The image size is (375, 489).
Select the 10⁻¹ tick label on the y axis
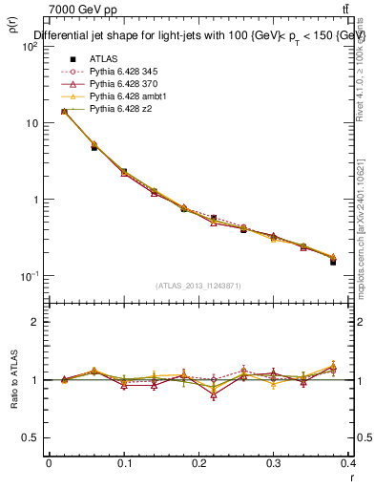pyautogui.click(x=31, y=276)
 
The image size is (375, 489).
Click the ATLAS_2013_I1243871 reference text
pyautogui.click(x=199, y=286)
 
